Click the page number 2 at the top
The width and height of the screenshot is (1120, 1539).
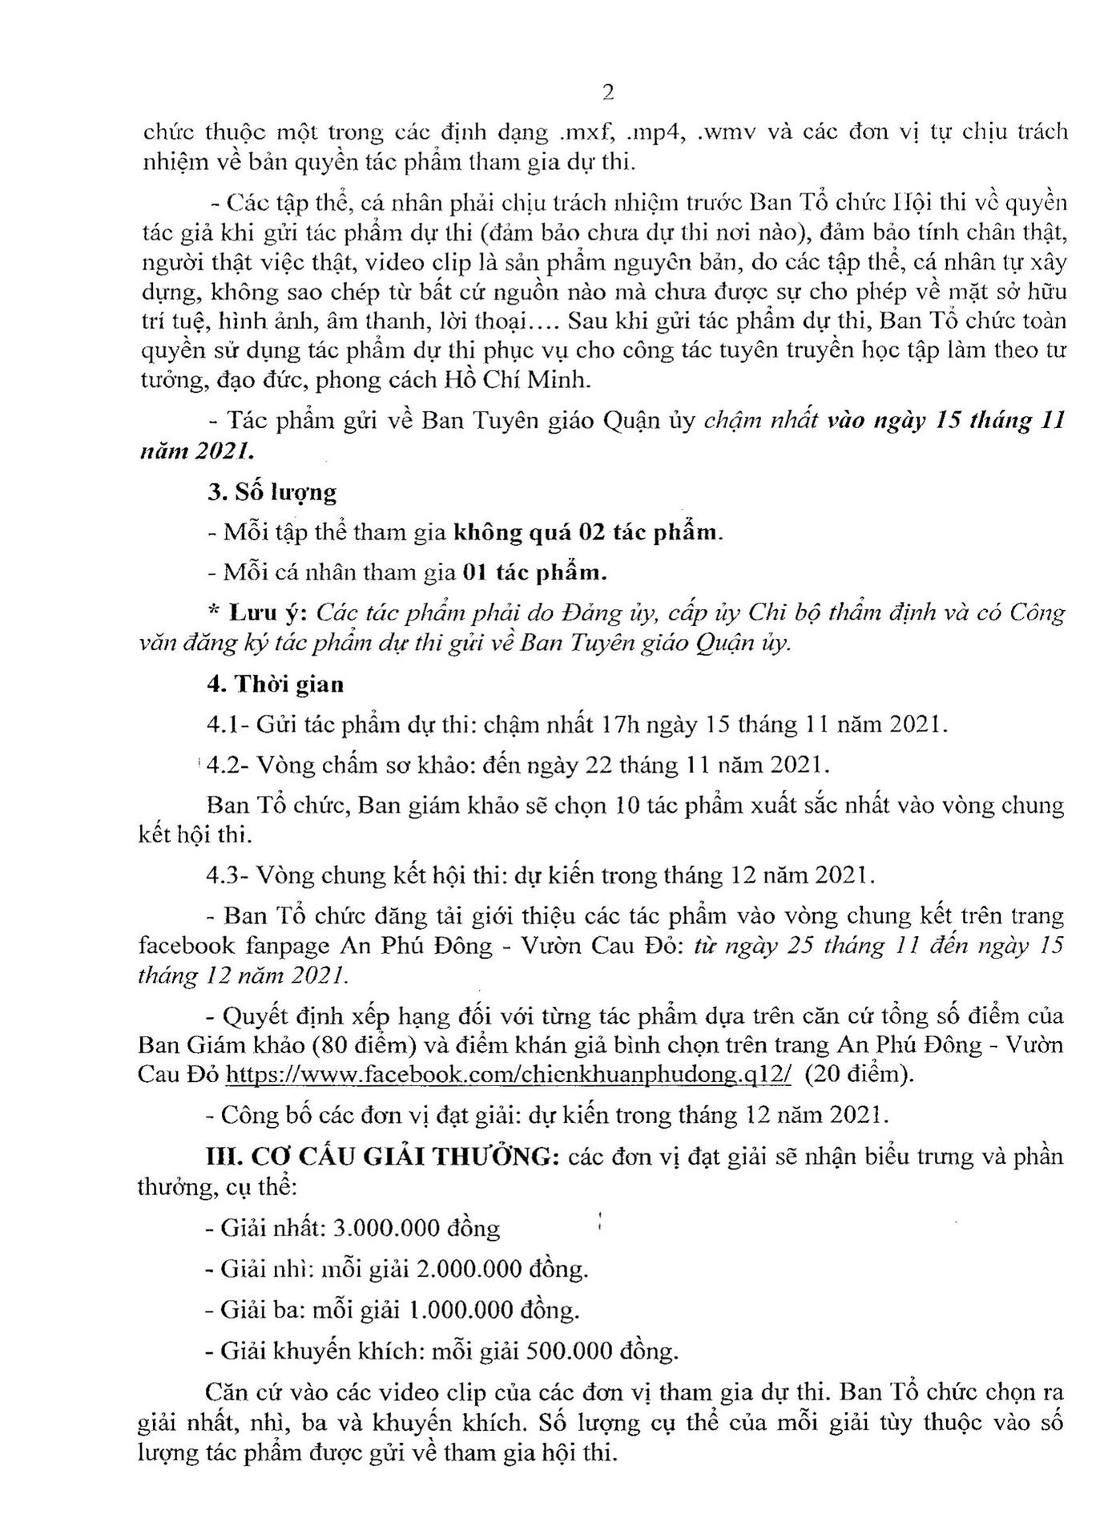608,93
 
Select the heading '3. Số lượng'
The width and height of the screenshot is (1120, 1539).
272,492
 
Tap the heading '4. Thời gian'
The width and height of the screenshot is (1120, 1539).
275,684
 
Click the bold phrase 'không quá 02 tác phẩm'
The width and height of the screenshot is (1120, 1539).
586,532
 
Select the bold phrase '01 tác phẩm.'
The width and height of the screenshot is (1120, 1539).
535,572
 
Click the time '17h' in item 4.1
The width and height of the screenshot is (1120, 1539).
618,725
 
